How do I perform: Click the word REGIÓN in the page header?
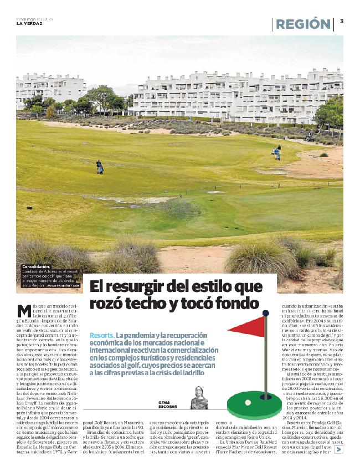[x=303, y=24]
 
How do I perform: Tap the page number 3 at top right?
[x=342, y=21]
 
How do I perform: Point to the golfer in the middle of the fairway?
[x=100, y=167]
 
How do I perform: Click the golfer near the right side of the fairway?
[x=277, y=153]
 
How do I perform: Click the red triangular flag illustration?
[x=249, y=326]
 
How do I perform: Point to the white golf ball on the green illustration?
[x=248, y=402]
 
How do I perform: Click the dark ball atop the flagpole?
[x=266, y=313]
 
